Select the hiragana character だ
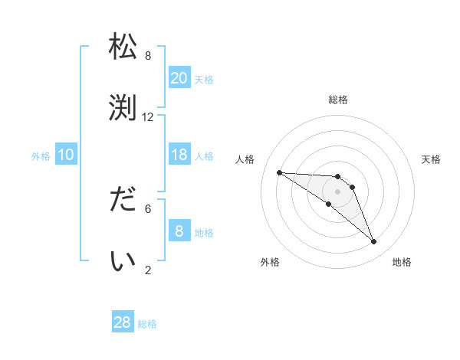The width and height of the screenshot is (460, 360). pos(123,201)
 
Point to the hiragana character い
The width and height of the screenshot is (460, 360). pos(123,261)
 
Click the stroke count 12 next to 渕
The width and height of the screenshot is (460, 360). pos(148,117)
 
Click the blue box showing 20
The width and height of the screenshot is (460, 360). pos(179,77)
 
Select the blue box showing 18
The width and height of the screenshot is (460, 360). pos(179,155)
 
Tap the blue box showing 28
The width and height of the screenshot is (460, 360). pos(123,322)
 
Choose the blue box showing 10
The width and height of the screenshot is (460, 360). pos(66,155)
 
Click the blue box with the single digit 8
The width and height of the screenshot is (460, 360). pos(179,231)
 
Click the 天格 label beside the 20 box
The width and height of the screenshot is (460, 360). pos(204,79)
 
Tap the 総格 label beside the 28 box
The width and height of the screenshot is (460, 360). pos(147,324)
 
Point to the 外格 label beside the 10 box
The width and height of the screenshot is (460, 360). pos(41,156)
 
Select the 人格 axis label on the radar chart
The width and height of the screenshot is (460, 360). pos(245,159)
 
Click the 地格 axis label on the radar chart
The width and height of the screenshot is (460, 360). pos(402,262)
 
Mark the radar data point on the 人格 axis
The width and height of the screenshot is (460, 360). pos(279,172)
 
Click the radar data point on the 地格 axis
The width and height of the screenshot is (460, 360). pos(373,242)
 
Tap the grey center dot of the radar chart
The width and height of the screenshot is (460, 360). pos(337,191)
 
